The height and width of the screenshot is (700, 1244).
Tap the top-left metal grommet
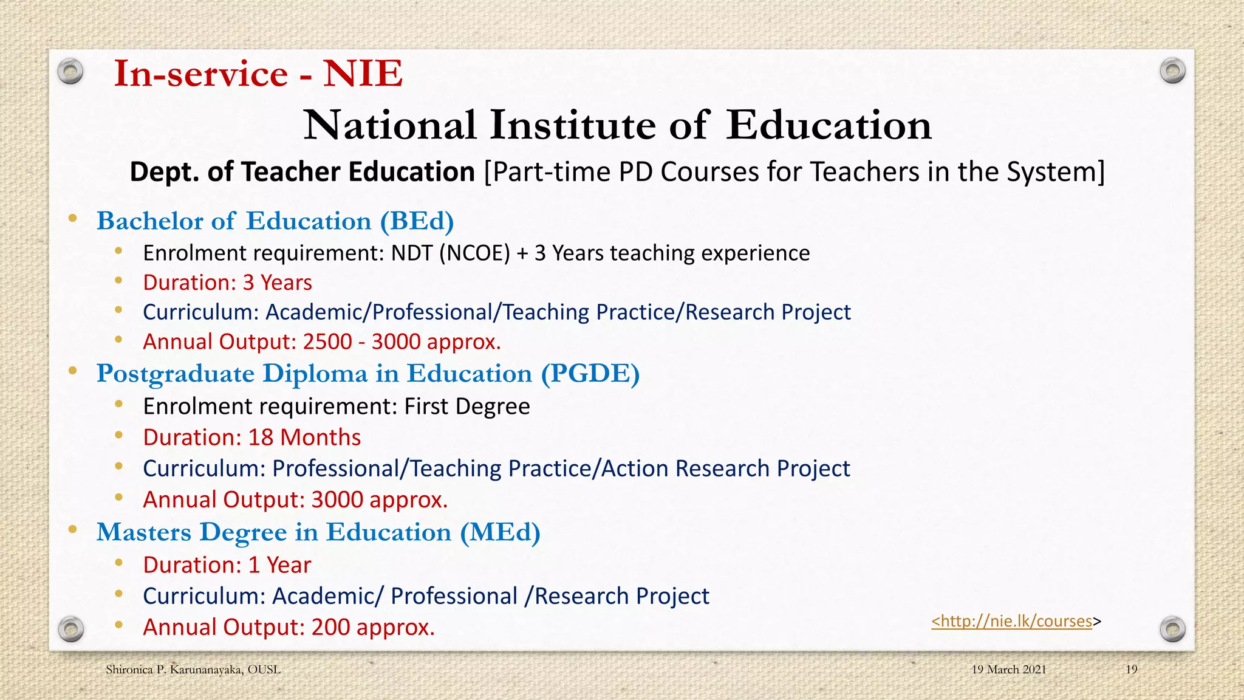[x=70, y=72]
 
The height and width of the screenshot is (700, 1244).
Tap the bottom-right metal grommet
[x=1172, y=629]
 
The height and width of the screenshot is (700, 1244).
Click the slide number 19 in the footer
[x=1131, y=670]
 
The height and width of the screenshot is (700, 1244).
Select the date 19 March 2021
[x=1008, y=670]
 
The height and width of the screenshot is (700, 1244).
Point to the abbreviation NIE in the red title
[x=363, y=74]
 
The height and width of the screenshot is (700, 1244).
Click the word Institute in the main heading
[x=572, y=125]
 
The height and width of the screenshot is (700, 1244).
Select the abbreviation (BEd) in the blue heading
[x=417, y=221]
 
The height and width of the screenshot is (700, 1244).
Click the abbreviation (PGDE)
[x=590, y=374]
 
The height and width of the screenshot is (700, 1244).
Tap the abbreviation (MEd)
[x=499, y=532]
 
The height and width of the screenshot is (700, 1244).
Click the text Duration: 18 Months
[x=251, y=437]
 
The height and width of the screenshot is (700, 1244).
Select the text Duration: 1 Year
[x=227, y=565]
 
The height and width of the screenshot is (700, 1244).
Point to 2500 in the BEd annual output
[x=327, y=342]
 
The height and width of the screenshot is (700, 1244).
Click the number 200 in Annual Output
[x=330, y=627]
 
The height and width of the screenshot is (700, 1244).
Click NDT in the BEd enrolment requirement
[x=412, y=253]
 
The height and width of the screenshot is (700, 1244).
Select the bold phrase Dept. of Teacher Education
[x=302, y=172]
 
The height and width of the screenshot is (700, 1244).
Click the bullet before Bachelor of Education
[x=73, y=219]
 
